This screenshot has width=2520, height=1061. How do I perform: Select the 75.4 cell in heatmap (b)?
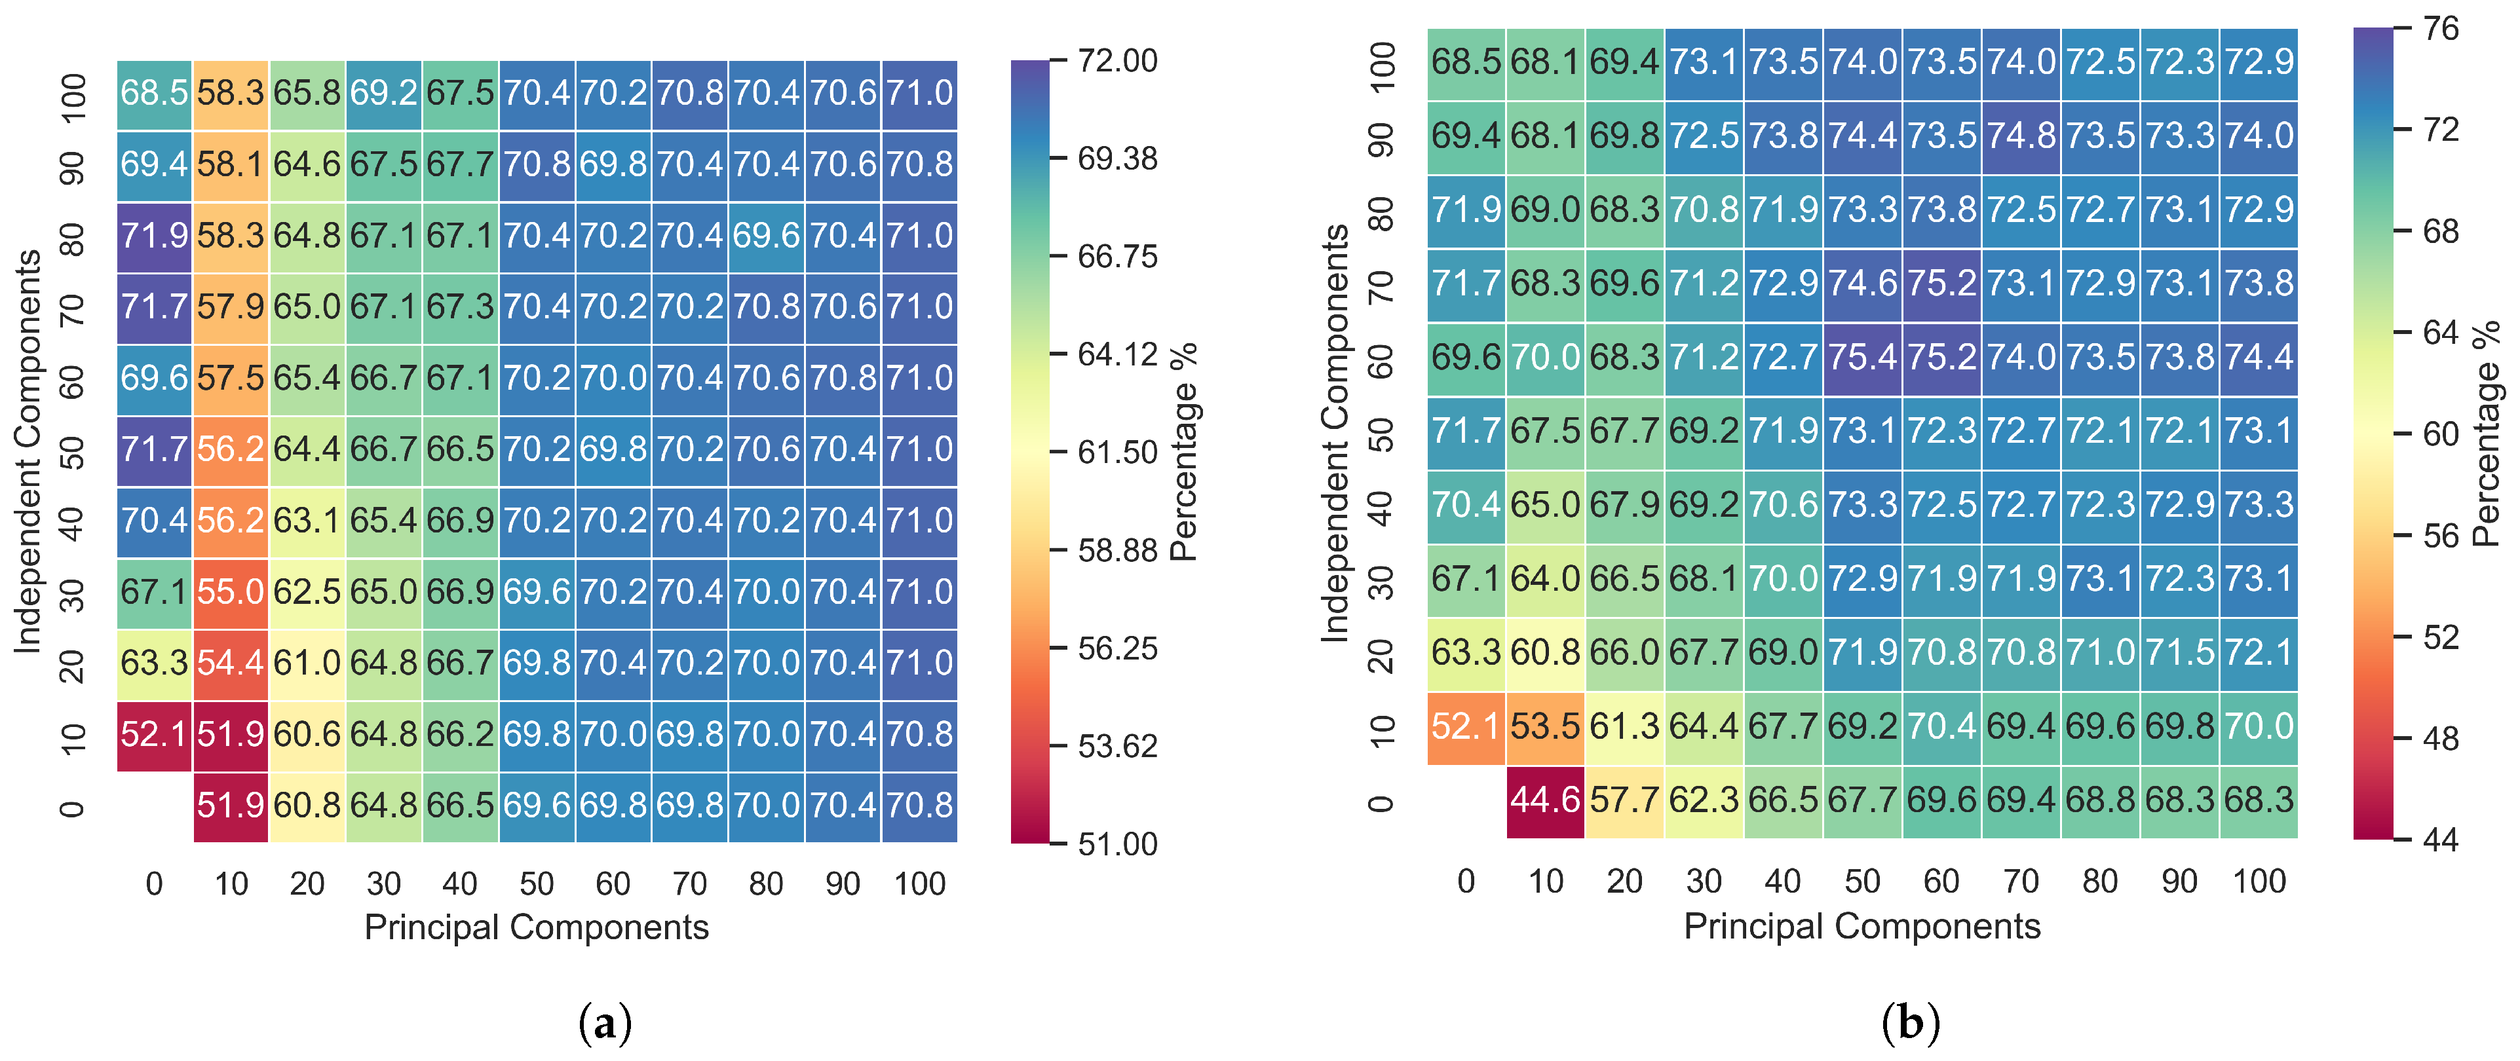[1861, 358]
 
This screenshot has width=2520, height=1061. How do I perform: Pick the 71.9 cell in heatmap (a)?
[153, 236]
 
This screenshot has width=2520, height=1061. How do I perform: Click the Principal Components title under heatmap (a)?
[536, 927]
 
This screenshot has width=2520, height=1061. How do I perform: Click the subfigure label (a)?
[605, 1024]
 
